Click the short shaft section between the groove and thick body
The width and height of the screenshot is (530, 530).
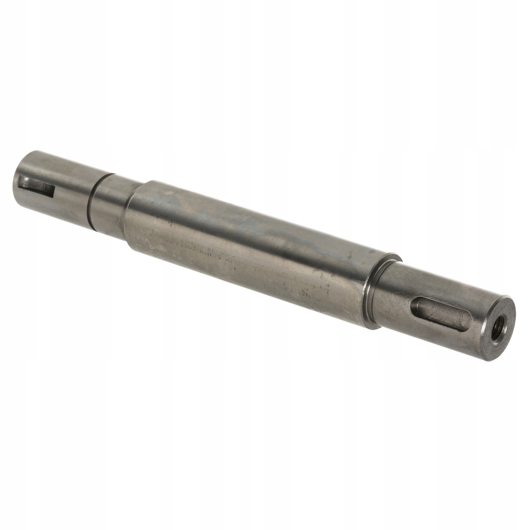coord(110,203)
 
